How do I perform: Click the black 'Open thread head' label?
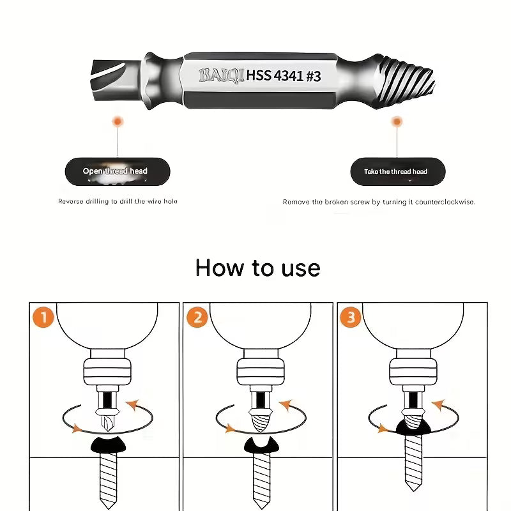pos(115,171)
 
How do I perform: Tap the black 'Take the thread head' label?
pos(395,171)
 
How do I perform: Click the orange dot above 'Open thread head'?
pos(116,120)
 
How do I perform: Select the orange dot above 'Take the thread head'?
pos(396,120)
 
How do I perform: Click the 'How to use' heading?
pos(257,267)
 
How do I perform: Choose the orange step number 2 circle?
pos(196,317)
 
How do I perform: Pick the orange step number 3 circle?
pos(351,317)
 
